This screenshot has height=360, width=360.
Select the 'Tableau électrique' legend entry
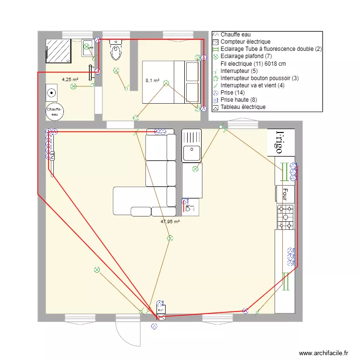[243, 107]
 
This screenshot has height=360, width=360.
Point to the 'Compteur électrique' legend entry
[245, 42]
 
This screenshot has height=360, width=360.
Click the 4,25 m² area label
[70, 80]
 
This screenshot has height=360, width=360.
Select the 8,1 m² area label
[152, 81]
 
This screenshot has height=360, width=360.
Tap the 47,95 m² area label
[170, 222]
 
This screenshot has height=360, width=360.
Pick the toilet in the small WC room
[116, 50]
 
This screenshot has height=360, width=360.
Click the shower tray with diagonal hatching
[59, 51]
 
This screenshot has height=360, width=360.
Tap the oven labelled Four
[284, 194]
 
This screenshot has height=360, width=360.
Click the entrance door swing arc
[126, 334]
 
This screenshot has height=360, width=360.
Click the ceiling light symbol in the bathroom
[73, 86]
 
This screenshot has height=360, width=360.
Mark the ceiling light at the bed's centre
[166, 83]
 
